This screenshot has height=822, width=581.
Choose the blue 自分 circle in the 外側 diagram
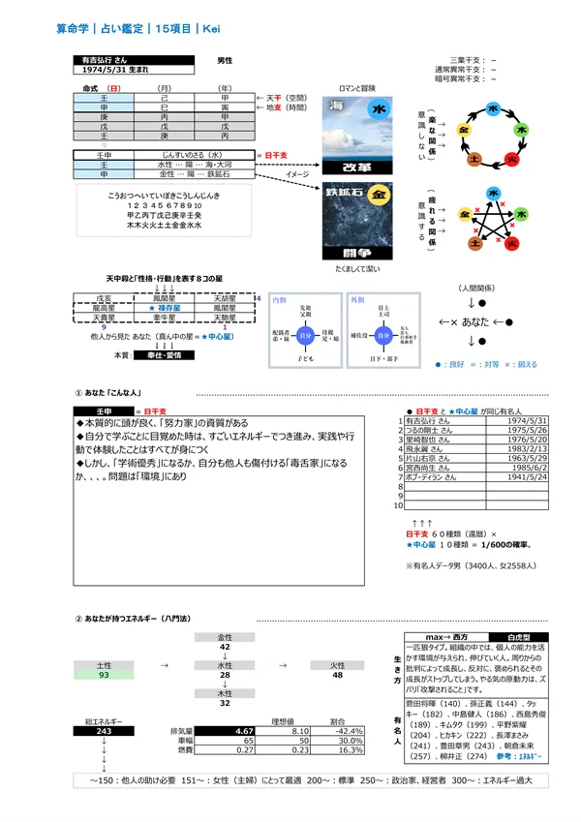tap(384, 336)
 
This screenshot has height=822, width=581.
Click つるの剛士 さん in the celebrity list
tap(432, 430)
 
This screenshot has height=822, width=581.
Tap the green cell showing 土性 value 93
tap(103, 675)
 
